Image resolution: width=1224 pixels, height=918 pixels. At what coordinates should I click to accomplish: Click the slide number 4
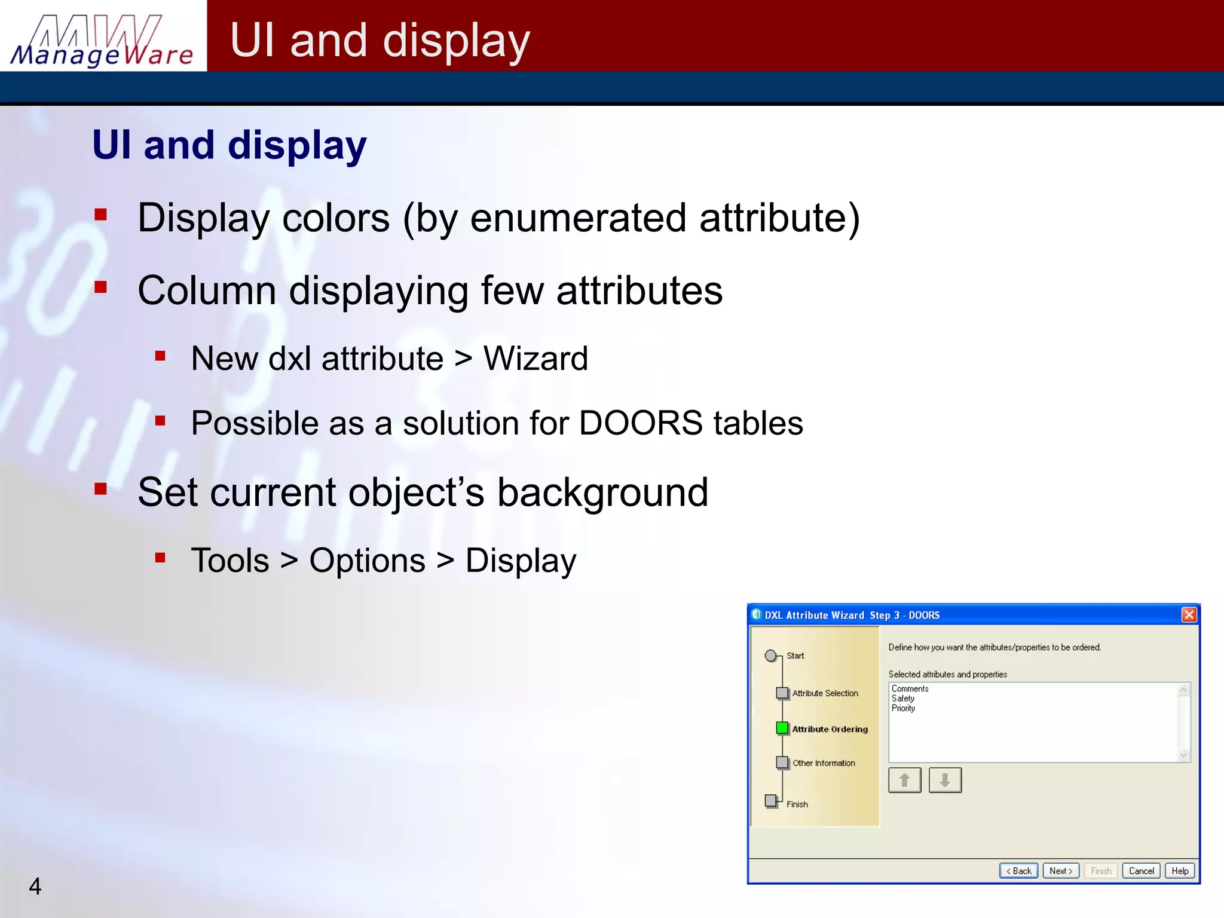pos(35,886)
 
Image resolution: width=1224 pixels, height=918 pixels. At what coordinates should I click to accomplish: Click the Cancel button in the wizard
pos(1141,871)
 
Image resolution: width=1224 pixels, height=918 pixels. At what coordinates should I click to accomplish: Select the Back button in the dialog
pos(1018,871)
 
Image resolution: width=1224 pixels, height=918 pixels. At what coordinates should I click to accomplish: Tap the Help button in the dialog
pos(1180,871)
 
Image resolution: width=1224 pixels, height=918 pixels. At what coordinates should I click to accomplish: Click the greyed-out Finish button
pos(1100,871)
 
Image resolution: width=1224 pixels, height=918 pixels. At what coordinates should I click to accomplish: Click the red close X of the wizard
pos(1189,614)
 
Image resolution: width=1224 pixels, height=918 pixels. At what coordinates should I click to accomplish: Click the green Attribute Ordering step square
pos(782,728)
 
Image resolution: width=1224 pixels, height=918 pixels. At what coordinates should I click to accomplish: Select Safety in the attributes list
pos(903,698)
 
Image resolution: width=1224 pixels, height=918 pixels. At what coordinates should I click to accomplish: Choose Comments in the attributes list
pos(910,688)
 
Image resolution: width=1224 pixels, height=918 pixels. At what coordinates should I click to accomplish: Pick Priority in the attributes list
pos(903,708)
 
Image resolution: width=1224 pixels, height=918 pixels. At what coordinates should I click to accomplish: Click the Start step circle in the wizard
pos(771,656)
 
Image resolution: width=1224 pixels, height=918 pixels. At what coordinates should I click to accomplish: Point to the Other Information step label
pos(824,763)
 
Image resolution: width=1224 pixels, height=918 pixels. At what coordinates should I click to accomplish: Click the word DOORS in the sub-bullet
pos(640,423)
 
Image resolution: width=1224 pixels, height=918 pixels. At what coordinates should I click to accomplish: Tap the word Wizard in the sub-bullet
pos(535,359)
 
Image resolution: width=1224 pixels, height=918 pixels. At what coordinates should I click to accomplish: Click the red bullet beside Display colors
pos(100,215)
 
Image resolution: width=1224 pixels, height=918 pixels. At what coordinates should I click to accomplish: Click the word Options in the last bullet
pos(367,561)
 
